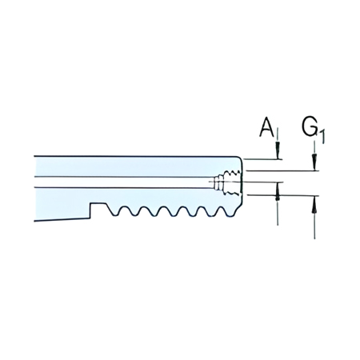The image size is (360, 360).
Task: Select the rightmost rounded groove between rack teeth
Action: [216, 212]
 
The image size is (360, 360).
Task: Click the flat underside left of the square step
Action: [60, 217]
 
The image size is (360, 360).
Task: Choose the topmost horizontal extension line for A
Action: [264, 158]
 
